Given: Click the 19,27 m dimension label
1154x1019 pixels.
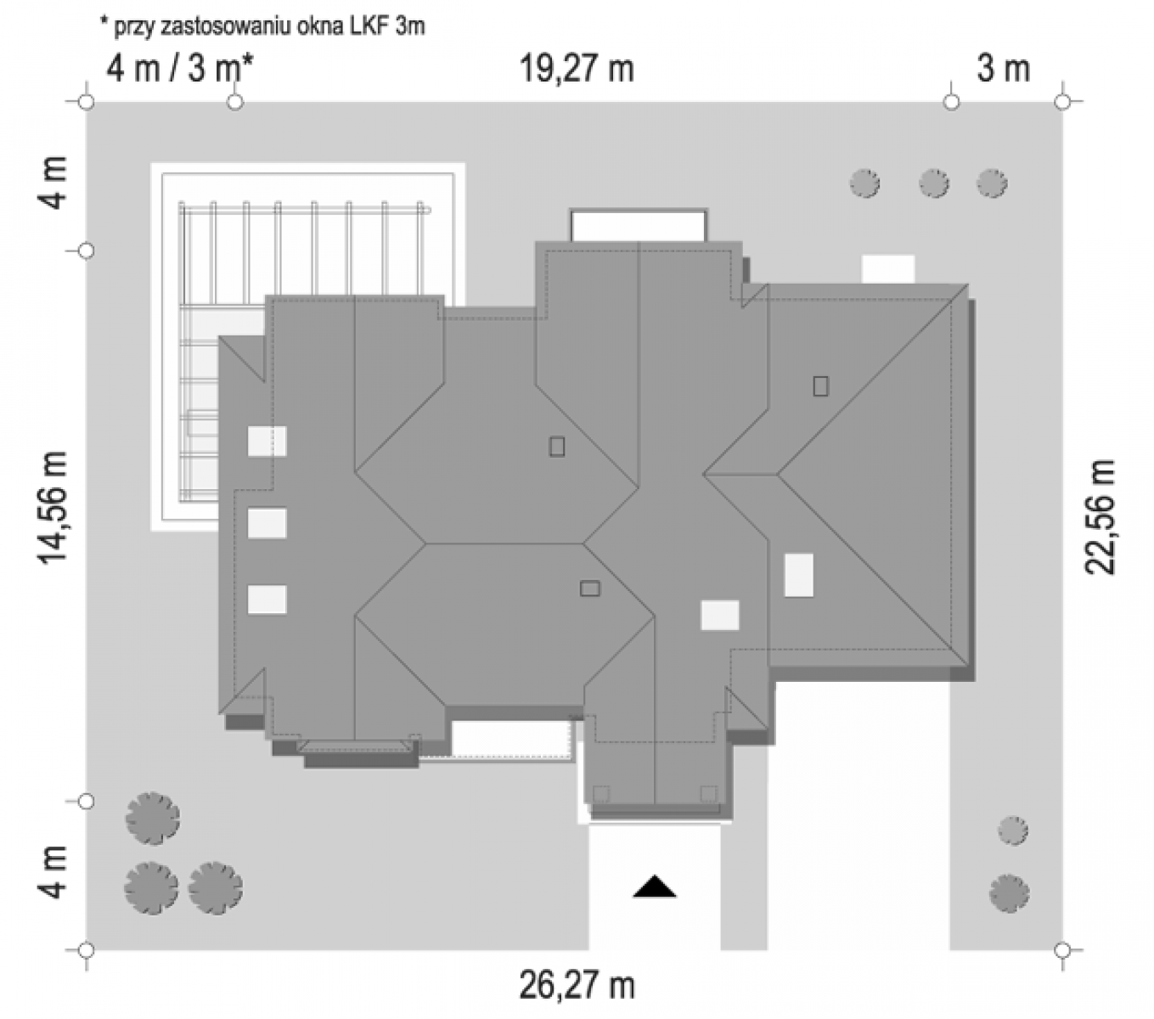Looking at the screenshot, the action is tap(577, 69).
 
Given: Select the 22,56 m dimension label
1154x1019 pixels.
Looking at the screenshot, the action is tap(1099, 516).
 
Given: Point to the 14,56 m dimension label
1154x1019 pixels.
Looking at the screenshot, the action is tap(53, 508).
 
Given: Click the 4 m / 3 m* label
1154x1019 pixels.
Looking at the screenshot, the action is tap(179, 69).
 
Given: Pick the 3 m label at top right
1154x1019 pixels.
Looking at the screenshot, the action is tap(1003, 69).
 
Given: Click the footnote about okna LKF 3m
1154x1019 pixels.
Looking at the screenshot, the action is tap(262, 25).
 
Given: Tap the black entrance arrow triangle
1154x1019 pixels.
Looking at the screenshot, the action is tap(655, 887).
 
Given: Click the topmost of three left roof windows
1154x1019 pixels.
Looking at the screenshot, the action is tap(267, 441).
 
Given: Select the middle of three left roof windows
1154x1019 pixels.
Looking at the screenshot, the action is tap(267, 523).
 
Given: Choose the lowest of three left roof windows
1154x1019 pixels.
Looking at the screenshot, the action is tap(267, 600).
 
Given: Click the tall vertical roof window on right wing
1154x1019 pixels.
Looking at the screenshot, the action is tap(798, 575).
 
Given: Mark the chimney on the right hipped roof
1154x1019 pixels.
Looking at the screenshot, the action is tap(820, 386).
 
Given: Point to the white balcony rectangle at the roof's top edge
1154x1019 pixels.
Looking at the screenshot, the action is tap(639, 226).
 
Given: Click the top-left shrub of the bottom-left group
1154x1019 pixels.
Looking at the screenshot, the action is tap(153, 818).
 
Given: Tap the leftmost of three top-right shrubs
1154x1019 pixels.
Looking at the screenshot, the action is tap(864, 183).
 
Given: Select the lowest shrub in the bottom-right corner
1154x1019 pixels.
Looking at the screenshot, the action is tap(1010, 893).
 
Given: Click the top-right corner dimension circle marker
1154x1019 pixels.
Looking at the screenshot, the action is tap(1061, 103).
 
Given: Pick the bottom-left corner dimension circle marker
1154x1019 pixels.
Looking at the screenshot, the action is tap(86, 950).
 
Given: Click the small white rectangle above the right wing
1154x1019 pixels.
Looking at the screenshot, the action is tap(888, 269).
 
